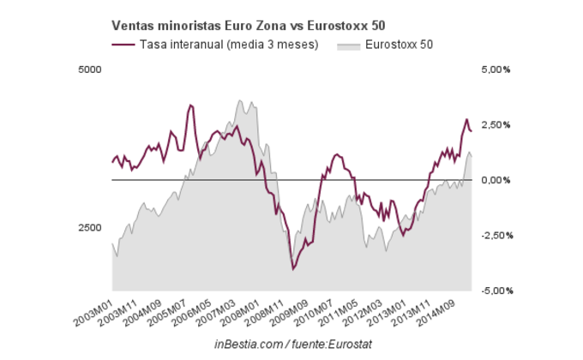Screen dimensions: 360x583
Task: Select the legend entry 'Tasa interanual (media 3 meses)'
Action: (x=228, y=44)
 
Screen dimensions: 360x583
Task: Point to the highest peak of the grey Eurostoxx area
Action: (x=240, y=100)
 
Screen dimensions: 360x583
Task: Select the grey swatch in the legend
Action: (x=348, y=44)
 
